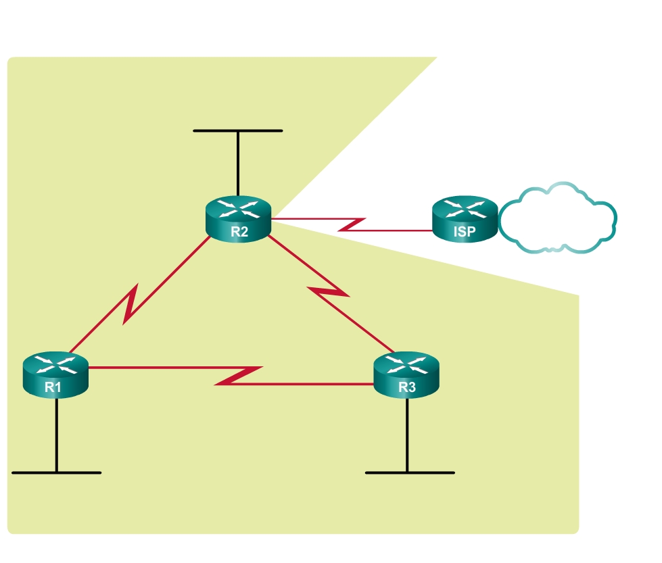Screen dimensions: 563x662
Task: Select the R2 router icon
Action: point(238,218)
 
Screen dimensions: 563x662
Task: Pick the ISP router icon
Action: point(465,218)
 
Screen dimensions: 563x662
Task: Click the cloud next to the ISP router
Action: point(558,218)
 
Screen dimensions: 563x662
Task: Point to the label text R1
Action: point(53,387)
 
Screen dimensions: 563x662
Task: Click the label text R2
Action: point(239,231)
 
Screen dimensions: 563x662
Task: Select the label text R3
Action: point(407,387)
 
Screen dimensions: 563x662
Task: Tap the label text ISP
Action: point(465,232)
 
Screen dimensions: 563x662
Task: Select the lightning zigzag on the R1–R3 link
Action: point(238,376)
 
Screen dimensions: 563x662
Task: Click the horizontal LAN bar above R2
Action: point(238,130)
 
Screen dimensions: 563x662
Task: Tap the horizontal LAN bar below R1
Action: point(56,472)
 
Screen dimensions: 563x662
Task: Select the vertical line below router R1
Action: point(56,433)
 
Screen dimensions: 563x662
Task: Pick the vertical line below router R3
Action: point(407,433)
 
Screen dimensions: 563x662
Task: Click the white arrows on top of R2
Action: point(238,207)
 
